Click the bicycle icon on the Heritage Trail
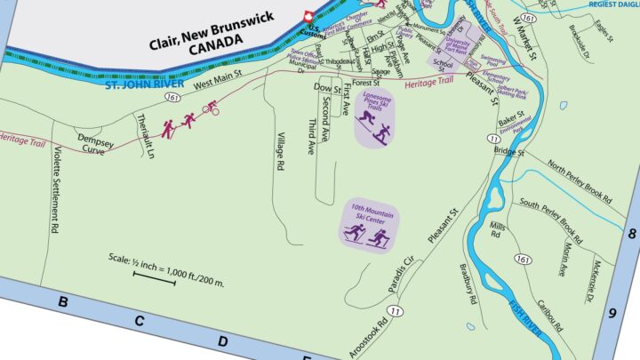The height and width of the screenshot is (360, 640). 212,108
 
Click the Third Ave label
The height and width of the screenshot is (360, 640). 312,136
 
